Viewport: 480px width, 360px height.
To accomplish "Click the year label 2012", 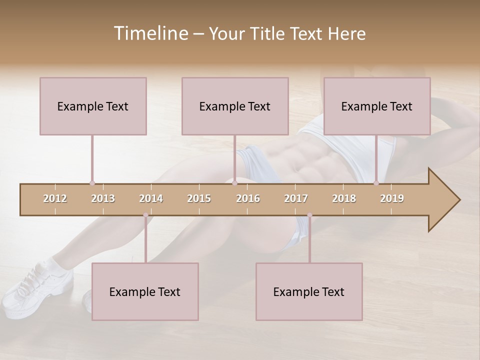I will (x=55, y=198).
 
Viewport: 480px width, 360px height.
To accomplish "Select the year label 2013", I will (x=103, y=198).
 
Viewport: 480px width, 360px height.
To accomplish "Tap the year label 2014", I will (x=151, y=198).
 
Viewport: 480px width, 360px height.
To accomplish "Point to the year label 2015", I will (x=199, y=198).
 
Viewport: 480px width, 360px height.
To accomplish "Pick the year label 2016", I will (x=248, y=198).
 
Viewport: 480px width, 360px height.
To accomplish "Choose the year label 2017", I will (x=296, y=198).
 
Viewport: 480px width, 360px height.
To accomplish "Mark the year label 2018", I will (x=344, y=198).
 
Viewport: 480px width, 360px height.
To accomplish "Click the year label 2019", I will (x=392, y=198).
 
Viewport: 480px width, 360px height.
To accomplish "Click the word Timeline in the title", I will (x=149, y=33).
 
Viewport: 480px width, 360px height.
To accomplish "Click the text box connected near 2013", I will (x=93, y=106).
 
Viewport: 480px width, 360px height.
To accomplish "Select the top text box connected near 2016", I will (x=235, y=106).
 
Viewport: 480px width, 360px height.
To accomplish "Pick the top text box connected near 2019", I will (x=377, y=106).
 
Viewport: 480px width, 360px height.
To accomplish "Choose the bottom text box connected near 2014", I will (x=145, y=291).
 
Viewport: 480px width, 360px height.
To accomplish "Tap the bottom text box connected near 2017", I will (x=309, y=291).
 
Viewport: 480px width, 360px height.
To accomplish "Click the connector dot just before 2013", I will (x=92, y=183).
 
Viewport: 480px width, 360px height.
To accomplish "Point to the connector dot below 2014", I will (x=145, y=215).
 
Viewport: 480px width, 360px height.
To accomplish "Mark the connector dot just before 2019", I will (x=376, y=183).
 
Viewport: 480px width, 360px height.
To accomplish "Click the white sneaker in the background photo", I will (x=35, y=282).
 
